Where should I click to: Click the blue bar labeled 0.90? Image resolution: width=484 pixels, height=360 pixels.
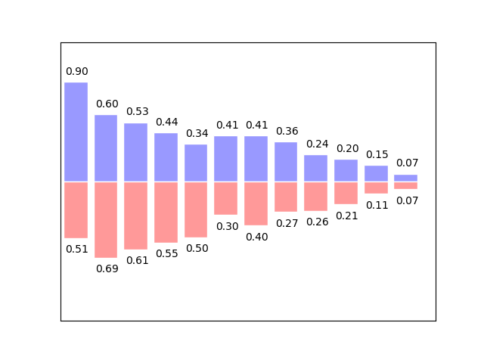click(x=76, y=132)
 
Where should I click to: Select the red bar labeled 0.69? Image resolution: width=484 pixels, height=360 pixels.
click(x=106, y=219)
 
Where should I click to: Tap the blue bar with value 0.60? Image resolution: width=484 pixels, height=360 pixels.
click(x=106, y=148)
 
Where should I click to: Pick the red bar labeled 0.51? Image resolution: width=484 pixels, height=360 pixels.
click(x=76, y=209)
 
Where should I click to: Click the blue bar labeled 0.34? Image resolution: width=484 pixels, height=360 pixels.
click(x=196, y=163)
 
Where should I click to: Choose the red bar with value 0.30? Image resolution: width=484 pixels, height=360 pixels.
click(x=225, y=198)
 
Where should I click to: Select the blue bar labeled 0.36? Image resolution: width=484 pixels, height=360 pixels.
click(x=286, y=161)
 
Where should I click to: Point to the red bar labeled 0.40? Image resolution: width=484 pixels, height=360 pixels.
click(x=256, y=203)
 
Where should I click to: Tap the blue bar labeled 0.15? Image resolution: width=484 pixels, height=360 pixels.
click(x=376, y=173)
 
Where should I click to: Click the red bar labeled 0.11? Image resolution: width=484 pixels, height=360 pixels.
click(x=376, y=188)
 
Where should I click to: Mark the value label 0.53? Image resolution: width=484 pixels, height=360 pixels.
click(x=137, y=112)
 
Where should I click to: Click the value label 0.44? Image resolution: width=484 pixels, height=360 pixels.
click(x=166, y=122)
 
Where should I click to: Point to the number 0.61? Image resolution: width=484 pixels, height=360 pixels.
click(x=137, y=260)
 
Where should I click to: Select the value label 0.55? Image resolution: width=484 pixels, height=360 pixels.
click(x=166, y=253)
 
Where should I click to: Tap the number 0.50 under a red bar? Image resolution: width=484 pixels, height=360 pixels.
click(x=197, y=248)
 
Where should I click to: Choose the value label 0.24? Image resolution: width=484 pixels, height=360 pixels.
click(x=317, y=144)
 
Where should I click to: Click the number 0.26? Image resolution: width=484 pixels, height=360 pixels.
click(x=317, y=222)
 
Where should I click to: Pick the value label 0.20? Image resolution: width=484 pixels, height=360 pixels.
click(x=347, y=148)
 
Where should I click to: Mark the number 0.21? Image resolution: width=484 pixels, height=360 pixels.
click(x=347, y=215)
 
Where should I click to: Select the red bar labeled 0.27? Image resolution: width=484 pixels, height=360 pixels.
click(x=286, y=197)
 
